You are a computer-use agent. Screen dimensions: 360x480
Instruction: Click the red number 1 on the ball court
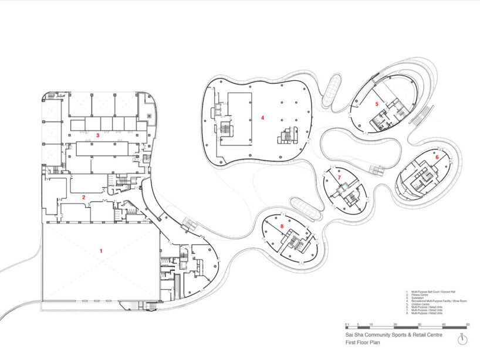click(101, 250)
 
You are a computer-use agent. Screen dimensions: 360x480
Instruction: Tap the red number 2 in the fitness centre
click(84, 197)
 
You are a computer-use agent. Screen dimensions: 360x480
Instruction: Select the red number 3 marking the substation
click(97, 135)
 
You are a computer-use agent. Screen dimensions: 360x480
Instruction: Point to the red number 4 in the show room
click(262, 118)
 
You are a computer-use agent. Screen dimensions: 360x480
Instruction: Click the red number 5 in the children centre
click(377, 104)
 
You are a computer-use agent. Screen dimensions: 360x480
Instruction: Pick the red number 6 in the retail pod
click(436, 157)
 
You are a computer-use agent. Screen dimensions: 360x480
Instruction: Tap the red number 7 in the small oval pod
click(339, 177)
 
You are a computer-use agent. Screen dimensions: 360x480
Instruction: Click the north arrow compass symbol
click(462, 340)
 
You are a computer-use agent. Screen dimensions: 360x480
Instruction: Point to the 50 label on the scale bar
click(468, 324)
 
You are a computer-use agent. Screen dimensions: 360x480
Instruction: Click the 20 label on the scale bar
click(394, 324)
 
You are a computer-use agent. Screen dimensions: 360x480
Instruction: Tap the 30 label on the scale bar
click(419, 324)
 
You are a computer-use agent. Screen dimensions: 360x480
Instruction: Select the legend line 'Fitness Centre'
click(423, 294)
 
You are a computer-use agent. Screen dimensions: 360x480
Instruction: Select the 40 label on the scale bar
click(443, 324)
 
